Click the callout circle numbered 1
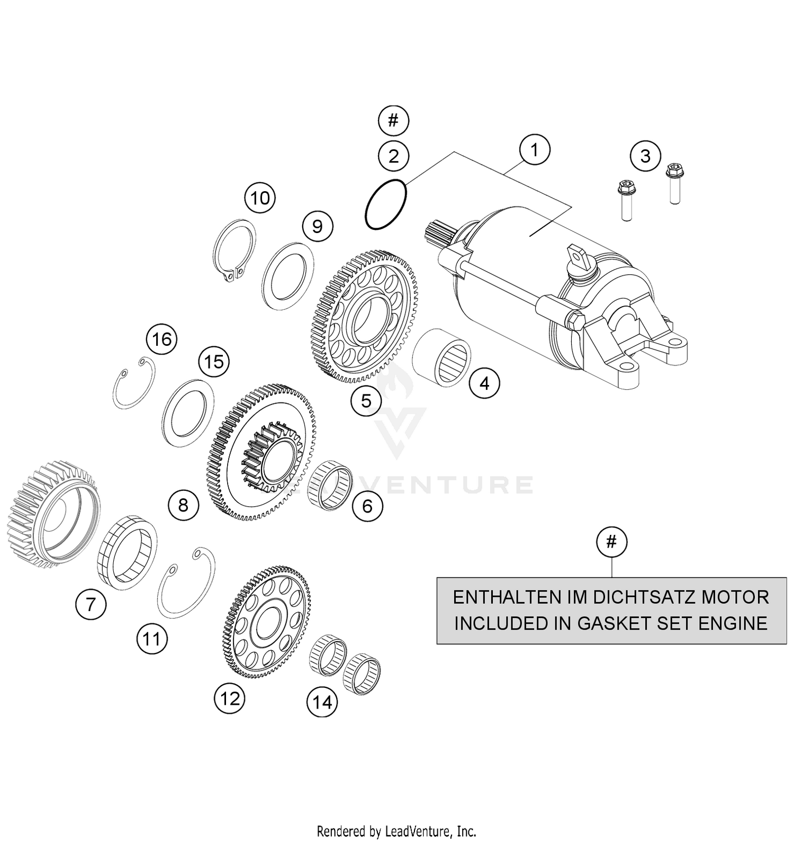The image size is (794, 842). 535,150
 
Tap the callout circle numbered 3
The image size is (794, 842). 645,156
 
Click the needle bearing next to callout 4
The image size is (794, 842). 442,356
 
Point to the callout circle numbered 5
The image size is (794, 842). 366,401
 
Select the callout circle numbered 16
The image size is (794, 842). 162,339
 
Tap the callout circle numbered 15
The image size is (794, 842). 214,362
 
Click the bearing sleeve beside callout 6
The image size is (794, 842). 331,486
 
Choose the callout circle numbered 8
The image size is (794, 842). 183,505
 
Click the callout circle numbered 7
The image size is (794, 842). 91,604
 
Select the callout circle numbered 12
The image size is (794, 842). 230,699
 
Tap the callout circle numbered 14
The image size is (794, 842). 322,702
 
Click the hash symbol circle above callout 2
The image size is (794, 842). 393,121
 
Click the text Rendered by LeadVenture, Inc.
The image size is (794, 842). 396,830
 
